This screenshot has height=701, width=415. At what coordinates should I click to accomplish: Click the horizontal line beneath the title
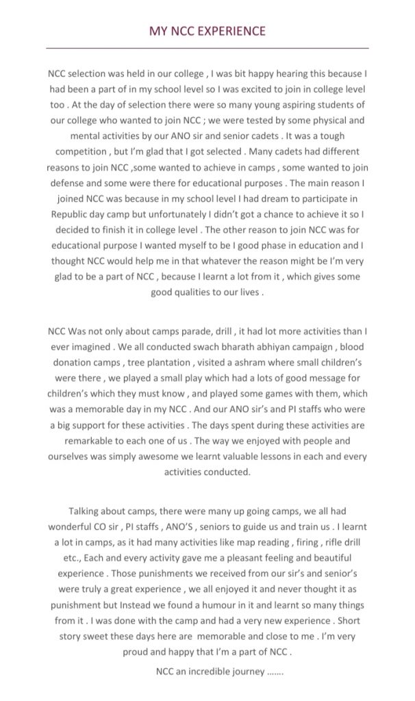click(x=207, y=49)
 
